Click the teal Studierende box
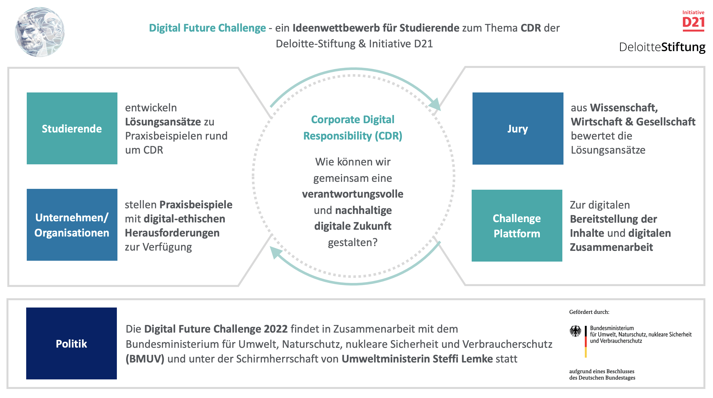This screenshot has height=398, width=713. click(x=72, y=128)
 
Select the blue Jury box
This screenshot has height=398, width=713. click(x=518, y=128)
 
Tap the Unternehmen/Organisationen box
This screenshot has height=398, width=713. click(x=72, y=225)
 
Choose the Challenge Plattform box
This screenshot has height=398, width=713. click(x=517, y=225)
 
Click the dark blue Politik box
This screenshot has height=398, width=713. click(x=71, y=343)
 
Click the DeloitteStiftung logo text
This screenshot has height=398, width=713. click(x=662, y=47)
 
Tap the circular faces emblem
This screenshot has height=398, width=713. click(x=40, y=32)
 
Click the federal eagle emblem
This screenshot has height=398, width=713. click(x=575, y=331)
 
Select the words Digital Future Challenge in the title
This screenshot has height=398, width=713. click(x=207, y=28)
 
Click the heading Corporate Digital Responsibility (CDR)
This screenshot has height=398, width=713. click(x=353, y=128)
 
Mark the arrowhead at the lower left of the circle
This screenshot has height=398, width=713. click(x=275, y=252)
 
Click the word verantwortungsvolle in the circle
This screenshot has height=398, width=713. click(x=353, y=194)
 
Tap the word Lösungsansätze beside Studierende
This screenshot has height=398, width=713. click(x=163, y=122)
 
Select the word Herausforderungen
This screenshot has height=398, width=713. click(x=172, y=233)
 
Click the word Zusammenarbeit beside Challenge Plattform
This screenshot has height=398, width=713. click(x=611, y=247)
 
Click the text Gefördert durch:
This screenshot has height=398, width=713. click(x=589, y=312)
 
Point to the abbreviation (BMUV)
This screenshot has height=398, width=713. click(x=145, y=359)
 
